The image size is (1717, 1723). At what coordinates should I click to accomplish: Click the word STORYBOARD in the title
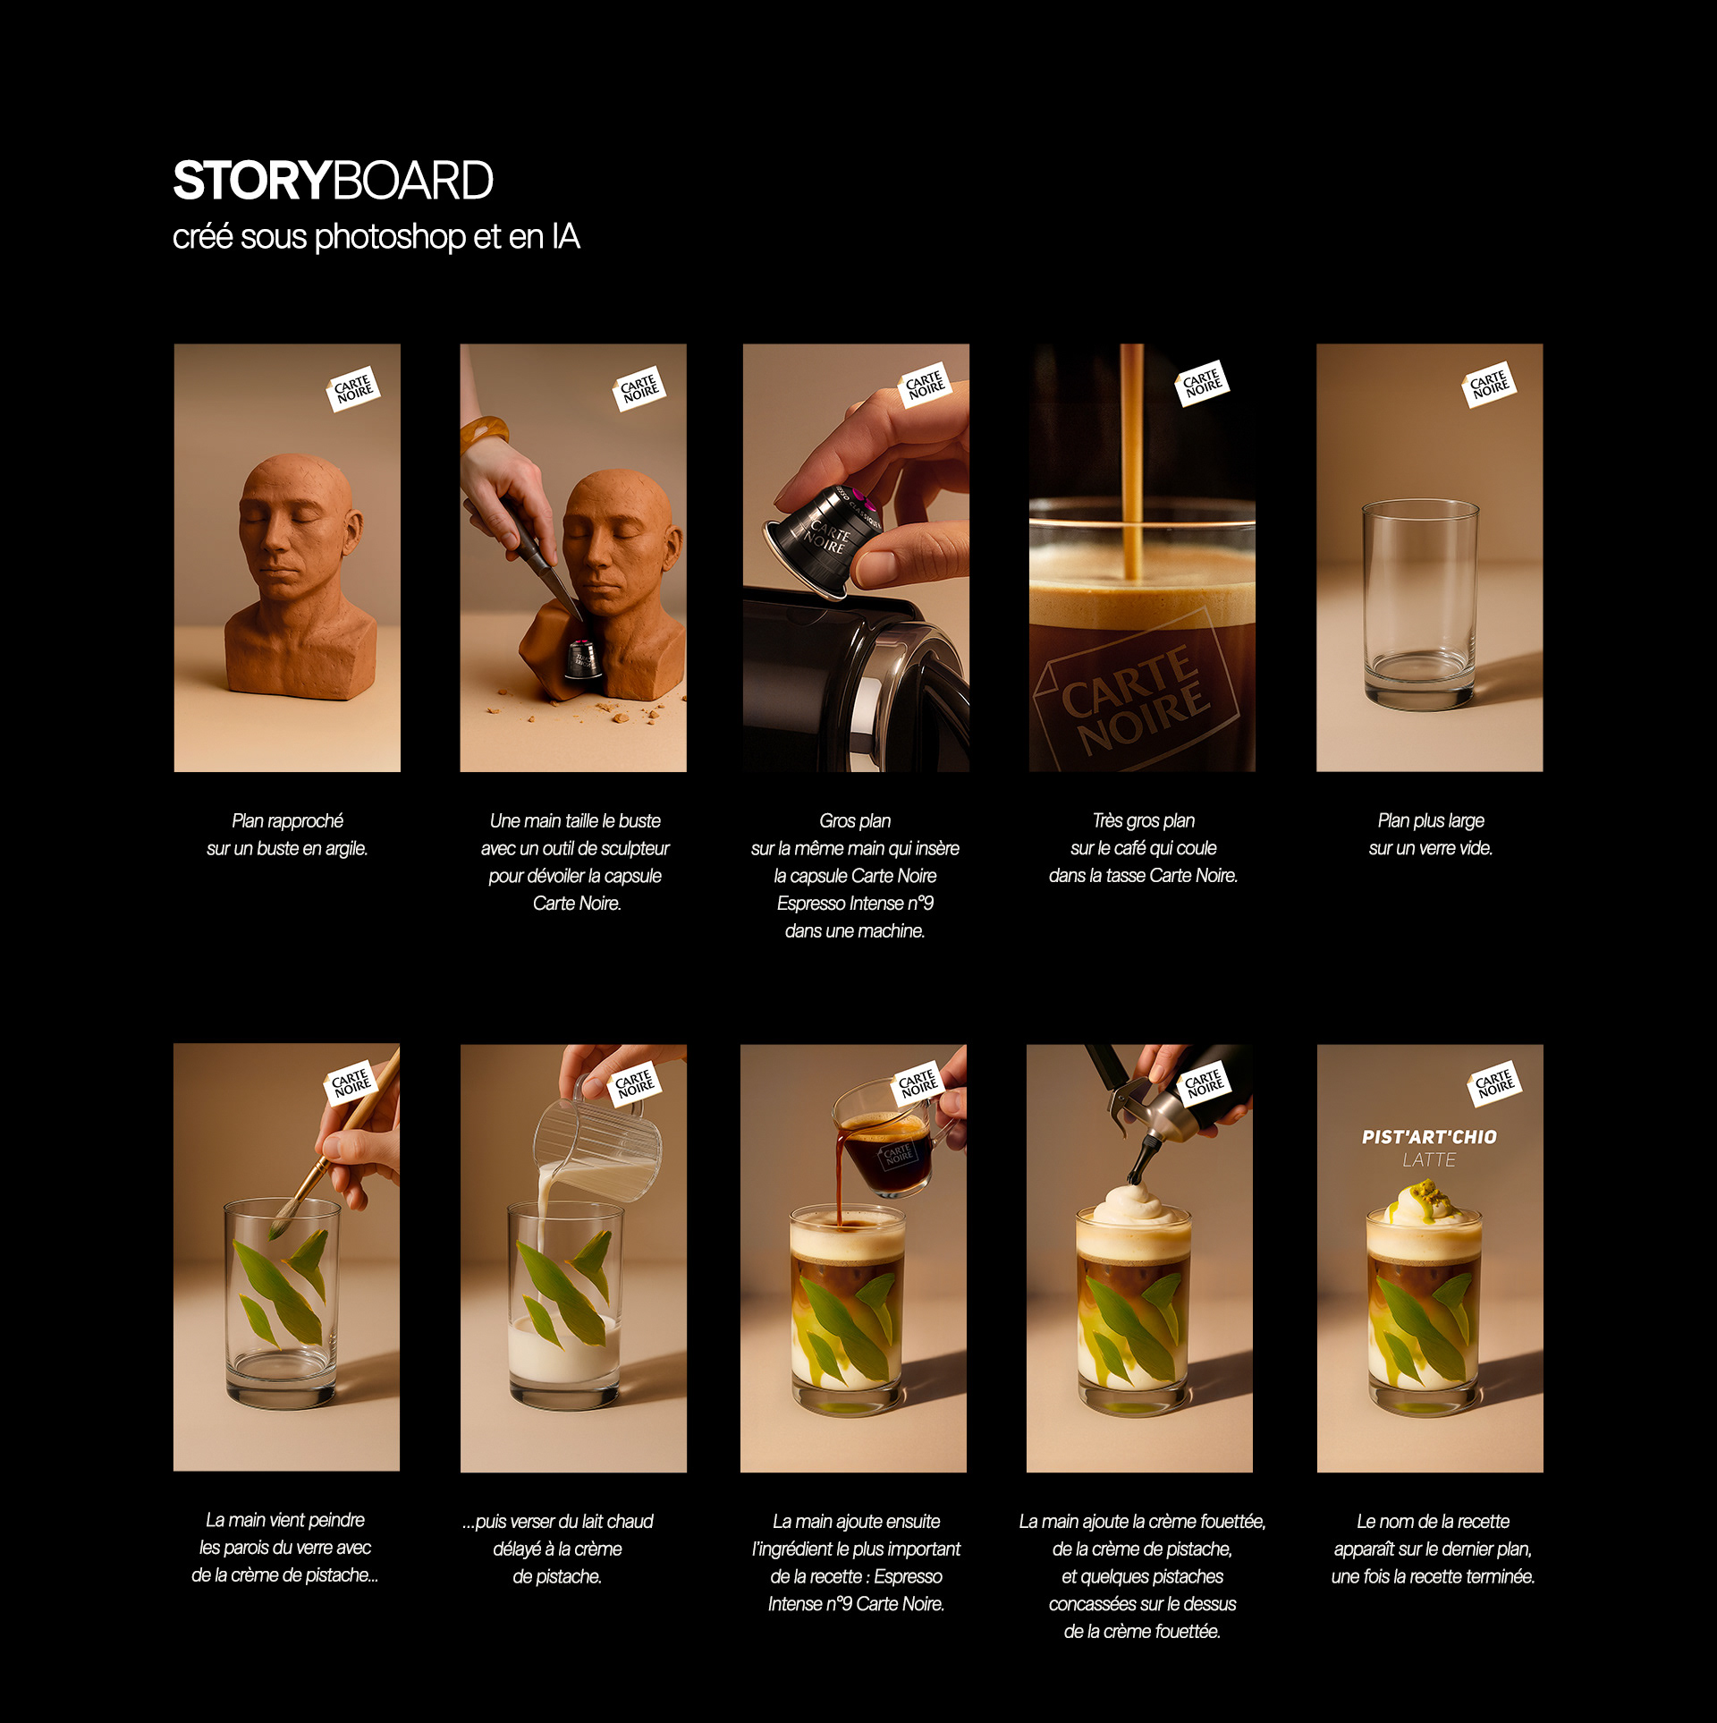pos(333,181)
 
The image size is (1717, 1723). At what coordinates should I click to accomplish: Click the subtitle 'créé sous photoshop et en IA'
pos(376,237)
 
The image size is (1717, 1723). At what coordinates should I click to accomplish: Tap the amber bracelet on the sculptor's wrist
pos(484,432)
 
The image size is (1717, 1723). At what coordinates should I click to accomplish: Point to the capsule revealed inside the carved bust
pos(580,660)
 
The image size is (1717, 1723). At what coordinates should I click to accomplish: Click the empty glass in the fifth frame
pos(1420,605)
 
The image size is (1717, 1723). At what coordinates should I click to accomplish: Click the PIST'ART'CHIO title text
pos(1429,1137)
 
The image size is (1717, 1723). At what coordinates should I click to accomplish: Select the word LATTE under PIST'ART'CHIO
pos(1429,1160)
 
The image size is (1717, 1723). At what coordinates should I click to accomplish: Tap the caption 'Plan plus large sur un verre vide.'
pos(1431,834)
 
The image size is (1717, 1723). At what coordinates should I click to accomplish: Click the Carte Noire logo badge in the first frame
pos(353,389)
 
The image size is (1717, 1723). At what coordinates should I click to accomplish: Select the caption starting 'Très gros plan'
pos(1144,848)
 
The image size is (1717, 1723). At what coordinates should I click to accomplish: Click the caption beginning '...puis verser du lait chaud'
pos(558,1549)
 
